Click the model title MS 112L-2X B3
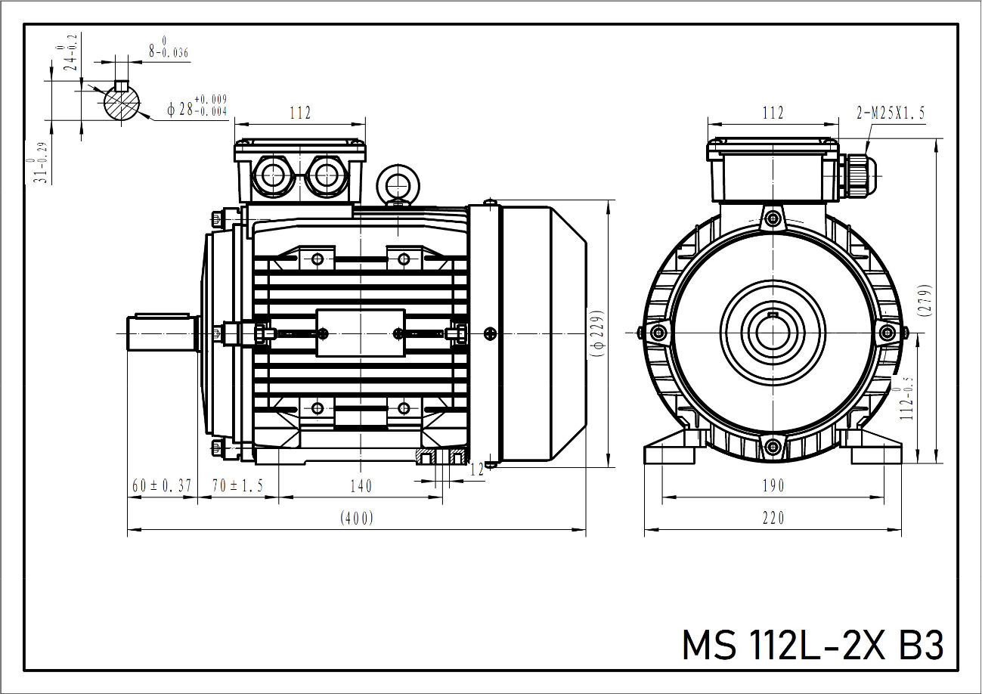click(x=812, y=645)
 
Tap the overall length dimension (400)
click(x=357, y=518)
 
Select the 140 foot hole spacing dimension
click(x=361, y=486)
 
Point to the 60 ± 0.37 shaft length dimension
click(x=161, y=486)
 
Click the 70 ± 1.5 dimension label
click(x=237, y=486)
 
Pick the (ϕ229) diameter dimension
click(x=597, y=333)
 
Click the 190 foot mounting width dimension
click(x=773, y=486)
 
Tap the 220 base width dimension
click(x=773, y=518)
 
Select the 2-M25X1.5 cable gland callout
click(x=891, y=113)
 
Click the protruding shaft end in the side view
click(x=159, y=333)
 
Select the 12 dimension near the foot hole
click(x=476, y=470)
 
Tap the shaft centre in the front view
click(x=772, y=333)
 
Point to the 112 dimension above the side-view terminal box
click(x=300, y=113)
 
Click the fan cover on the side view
click(x=541, y=333)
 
